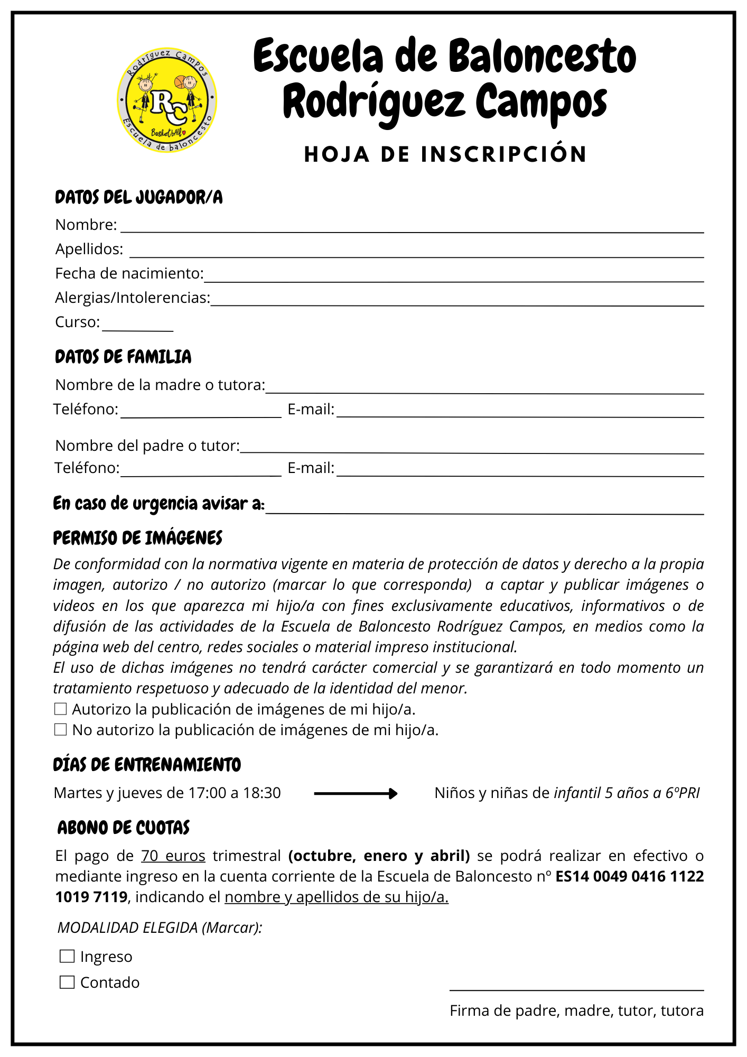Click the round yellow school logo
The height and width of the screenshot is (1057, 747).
tap(167, 100)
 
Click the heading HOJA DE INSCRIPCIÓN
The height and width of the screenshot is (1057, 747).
tap(445, 154)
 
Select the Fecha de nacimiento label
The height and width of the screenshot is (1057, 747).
tap(129, 273)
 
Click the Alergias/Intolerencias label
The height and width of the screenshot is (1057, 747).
tap(132, 298)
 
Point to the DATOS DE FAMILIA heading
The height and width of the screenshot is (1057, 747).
tap(123, 357)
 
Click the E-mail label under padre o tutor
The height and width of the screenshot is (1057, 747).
tap(311, 468)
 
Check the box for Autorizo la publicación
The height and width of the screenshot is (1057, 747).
tap(61, 709)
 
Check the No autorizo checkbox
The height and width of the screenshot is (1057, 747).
tap(61, 730)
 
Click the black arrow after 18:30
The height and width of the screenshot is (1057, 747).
tap(356, 793)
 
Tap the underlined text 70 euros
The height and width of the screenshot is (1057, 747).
tap(173, 856)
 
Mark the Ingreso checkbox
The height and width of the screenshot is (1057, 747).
tap(67, 956)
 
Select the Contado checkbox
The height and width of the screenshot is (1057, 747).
tap(67, 982)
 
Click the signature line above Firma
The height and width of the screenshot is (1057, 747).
tap(576, 989)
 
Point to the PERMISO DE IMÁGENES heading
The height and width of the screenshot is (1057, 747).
tap(137, 538)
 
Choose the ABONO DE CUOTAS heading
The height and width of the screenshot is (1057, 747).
tap(123, 828)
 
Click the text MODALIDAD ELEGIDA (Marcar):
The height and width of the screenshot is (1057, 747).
tap(160, 927)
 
